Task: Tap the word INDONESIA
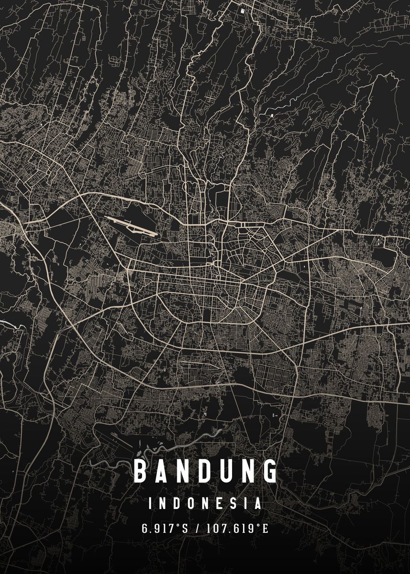coord(205,504)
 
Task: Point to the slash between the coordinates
coord(198,529)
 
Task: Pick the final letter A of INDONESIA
coord(258,504)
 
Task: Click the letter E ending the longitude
coord(266,529)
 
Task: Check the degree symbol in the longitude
coord(258,527)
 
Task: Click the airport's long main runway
coord(132,226)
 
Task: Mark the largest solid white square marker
coord(242,10)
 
